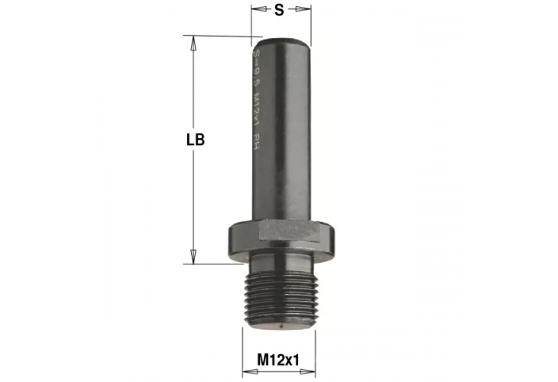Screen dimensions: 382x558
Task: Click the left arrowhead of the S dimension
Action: coord(257,11)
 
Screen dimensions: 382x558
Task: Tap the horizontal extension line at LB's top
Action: coord(222,35)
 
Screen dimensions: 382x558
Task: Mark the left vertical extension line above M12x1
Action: coord(243,348)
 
